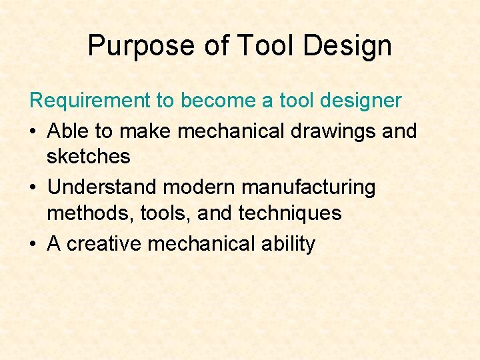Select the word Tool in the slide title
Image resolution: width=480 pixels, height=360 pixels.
tap(271, 46)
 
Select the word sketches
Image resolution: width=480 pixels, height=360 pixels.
tap(89, 157)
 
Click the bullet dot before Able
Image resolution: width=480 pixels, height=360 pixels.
tap(34, 131)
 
